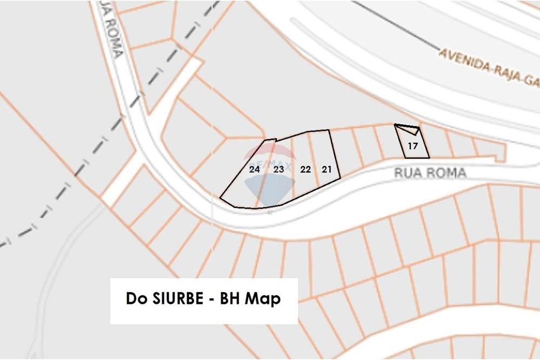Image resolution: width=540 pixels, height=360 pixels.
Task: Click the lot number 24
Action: coord(255,169)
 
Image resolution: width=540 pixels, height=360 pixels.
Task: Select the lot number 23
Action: coord(279,169)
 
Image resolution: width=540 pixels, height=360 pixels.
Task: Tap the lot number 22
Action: coord(305,169)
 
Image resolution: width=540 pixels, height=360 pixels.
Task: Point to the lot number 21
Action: coord(327,169)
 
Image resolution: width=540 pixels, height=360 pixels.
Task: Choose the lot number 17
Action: coord(413,146)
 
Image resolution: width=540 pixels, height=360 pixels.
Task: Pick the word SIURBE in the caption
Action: coord(175,298)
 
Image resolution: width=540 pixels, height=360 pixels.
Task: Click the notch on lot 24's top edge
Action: coord(271,140)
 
